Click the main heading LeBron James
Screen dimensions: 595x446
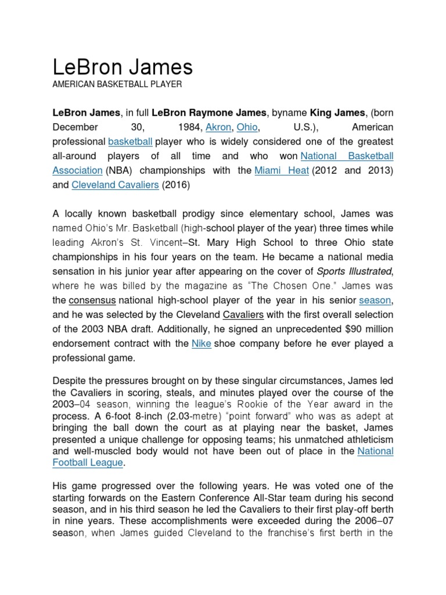[x=123, y=67]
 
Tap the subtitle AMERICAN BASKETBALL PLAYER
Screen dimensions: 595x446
[x=117, y=85]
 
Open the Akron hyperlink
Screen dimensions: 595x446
[x=218, y=127]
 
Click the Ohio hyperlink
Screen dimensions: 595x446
[x=247, y=127]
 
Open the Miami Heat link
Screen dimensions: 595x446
[x=282, y=170]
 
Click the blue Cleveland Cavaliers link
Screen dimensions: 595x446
[x=115, y=185]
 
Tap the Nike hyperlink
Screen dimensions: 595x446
[x=201, y=343]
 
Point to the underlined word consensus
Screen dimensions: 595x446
[x=92, y=300]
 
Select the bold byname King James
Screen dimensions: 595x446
[x=337, y=112]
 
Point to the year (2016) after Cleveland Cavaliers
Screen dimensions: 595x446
[x=175, y=185]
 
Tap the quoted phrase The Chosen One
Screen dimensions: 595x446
[x=293, y=285]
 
